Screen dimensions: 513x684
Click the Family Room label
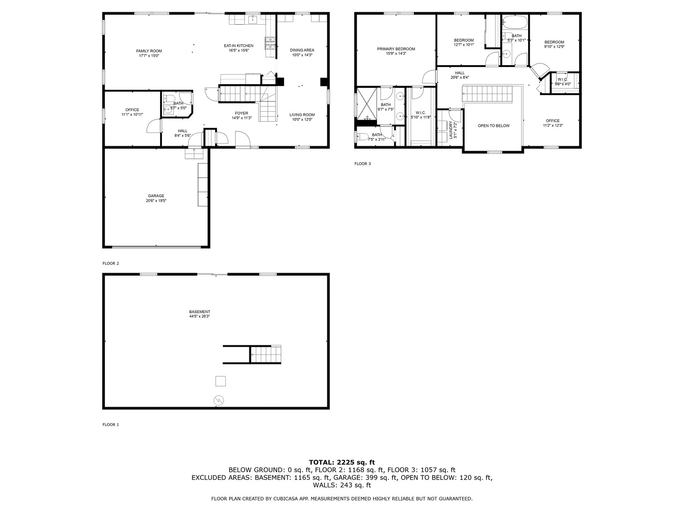149,51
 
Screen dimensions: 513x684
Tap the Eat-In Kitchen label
238,46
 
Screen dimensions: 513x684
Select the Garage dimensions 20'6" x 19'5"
156,201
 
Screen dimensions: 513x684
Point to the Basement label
199,312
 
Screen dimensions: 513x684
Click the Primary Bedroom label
396,49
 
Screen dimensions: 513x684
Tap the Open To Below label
494,126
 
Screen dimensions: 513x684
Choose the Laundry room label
451,129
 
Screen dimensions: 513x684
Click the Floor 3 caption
362,164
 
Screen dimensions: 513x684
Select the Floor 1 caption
111,425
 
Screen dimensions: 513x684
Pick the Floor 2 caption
111,263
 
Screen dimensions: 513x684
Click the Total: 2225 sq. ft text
342,462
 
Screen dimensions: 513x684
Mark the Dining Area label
302,50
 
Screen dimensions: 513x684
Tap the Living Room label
302,114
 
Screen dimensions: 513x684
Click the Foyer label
241,113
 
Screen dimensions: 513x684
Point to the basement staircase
266,354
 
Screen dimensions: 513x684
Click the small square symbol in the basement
220,381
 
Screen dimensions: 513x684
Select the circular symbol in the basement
219,400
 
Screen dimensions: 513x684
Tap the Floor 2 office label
132,110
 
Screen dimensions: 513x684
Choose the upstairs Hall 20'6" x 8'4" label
459,73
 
